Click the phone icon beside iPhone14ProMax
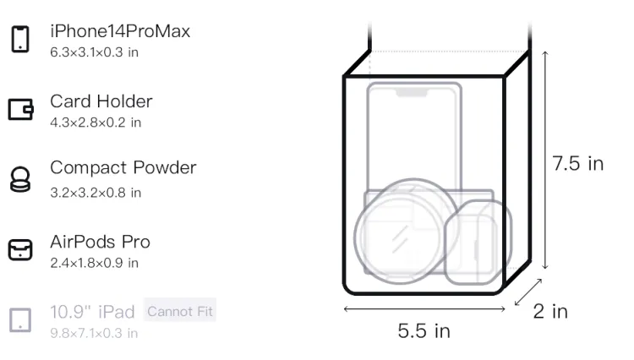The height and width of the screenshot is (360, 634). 20,39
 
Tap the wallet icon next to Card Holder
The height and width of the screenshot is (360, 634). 20,109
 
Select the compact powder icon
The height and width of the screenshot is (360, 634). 20,179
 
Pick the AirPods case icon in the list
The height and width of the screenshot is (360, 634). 20,249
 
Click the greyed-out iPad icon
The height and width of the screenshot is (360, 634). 20,320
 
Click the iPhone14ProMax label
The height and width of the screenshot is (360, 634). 120,31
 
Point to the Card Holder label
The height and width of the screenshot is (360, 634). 101,101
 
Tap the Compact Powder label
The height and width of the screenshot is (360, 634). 123,167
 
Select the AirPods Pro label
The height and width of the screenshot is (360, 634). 101,242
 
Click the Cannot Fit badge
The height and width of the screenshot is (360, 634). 180,311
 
